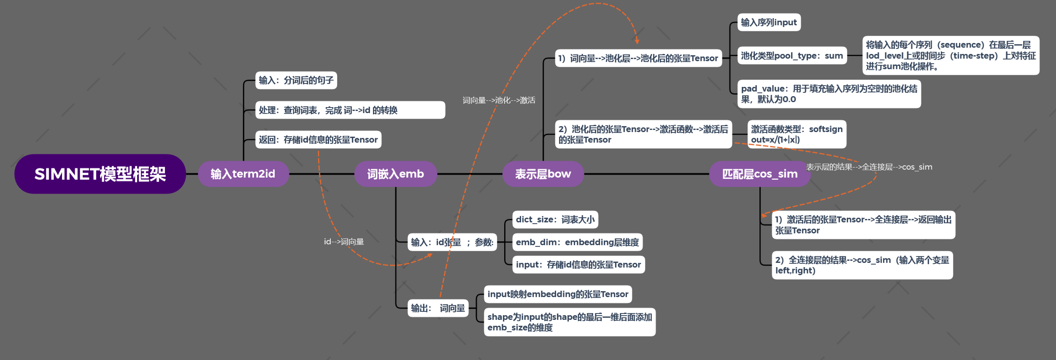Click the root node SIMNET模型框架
pos(100,174)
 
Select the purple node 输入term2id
pos(243,174)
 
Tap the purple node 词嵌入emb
pos(395,174)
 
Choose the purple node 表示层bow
pos(543,174)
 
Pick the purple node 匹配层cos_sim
pos(759,174)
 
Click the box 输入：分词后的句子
pos(296,80)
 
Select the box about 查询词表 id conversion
pos(350,110)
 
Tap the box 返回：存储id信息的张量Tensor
pos(318,140)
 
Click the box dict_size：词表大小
pos(555,219)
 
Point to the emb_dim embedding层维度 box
pos(577,242)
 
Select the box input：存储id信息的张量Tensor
pos(578,265)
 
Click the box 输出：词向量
pos(438,308)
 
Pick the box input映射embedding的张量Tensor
pos(557,294)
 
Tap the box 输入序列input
pos(769,22)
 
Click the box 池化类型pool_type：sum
pos(791,56)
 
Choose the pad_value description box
pos(829,94)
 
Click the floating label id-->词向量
pos(344,242)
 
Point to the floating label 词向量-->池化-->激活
pos(499,100)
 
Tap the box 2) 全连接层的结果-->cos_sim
pos(862,265)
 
